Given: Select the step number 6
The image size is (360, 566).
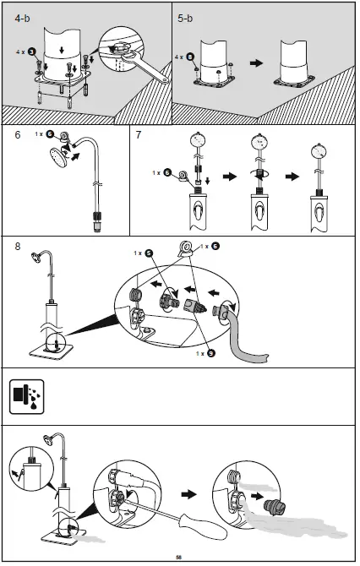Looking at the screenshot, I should pos(18,134).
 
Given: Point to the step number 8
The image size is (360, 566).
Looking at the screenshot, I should pos(18,247).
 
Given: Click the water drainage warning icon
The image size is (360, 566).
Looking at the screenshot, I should pos(26,396).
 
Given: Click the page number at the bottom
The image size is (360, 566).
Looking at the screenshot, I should pos(179,557).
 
